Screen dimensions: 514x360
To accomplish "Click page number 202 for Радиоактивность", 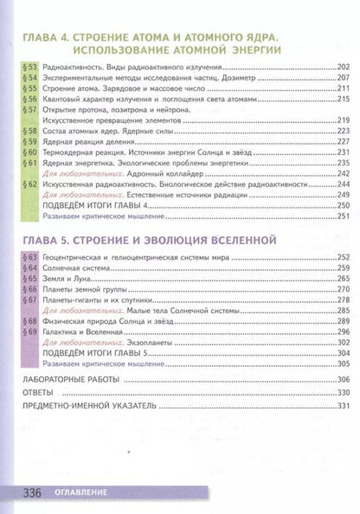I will pyautogui.click(x=342, y=67).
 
